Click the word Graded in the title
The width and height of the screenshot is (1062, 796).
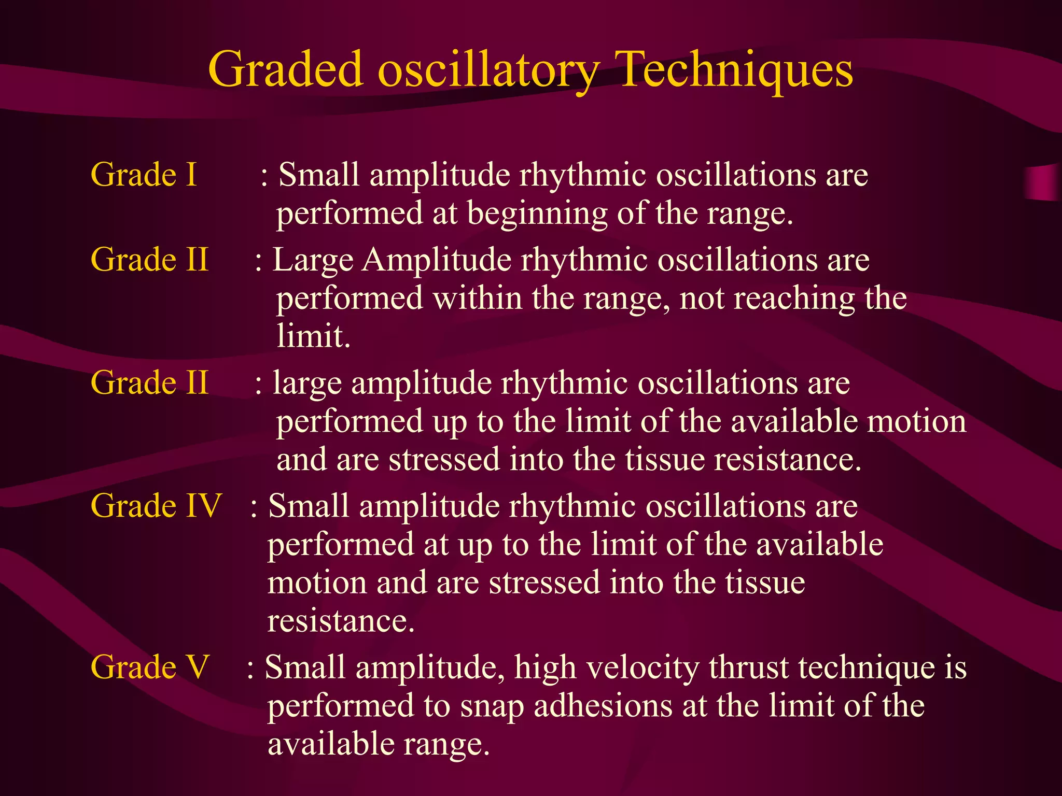(x=285, y=70)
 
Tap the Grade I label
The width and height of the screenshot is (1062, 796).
(x=144, y=175)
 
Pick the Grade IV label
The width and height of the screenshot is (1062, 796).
(x=156, y=506)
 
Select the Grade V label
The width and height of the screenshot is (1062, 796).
(x=150, y=667)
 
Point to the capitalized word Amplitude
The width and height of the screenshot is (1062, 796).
(x=437, y=260)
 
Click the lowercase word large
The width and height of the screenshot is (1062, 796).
(x=307, y=383)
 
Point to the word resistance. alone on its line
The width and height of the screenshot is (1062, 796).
(x=341, y=621)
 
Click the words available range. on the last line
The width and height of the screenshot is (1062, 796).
(x=378, y=745)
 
